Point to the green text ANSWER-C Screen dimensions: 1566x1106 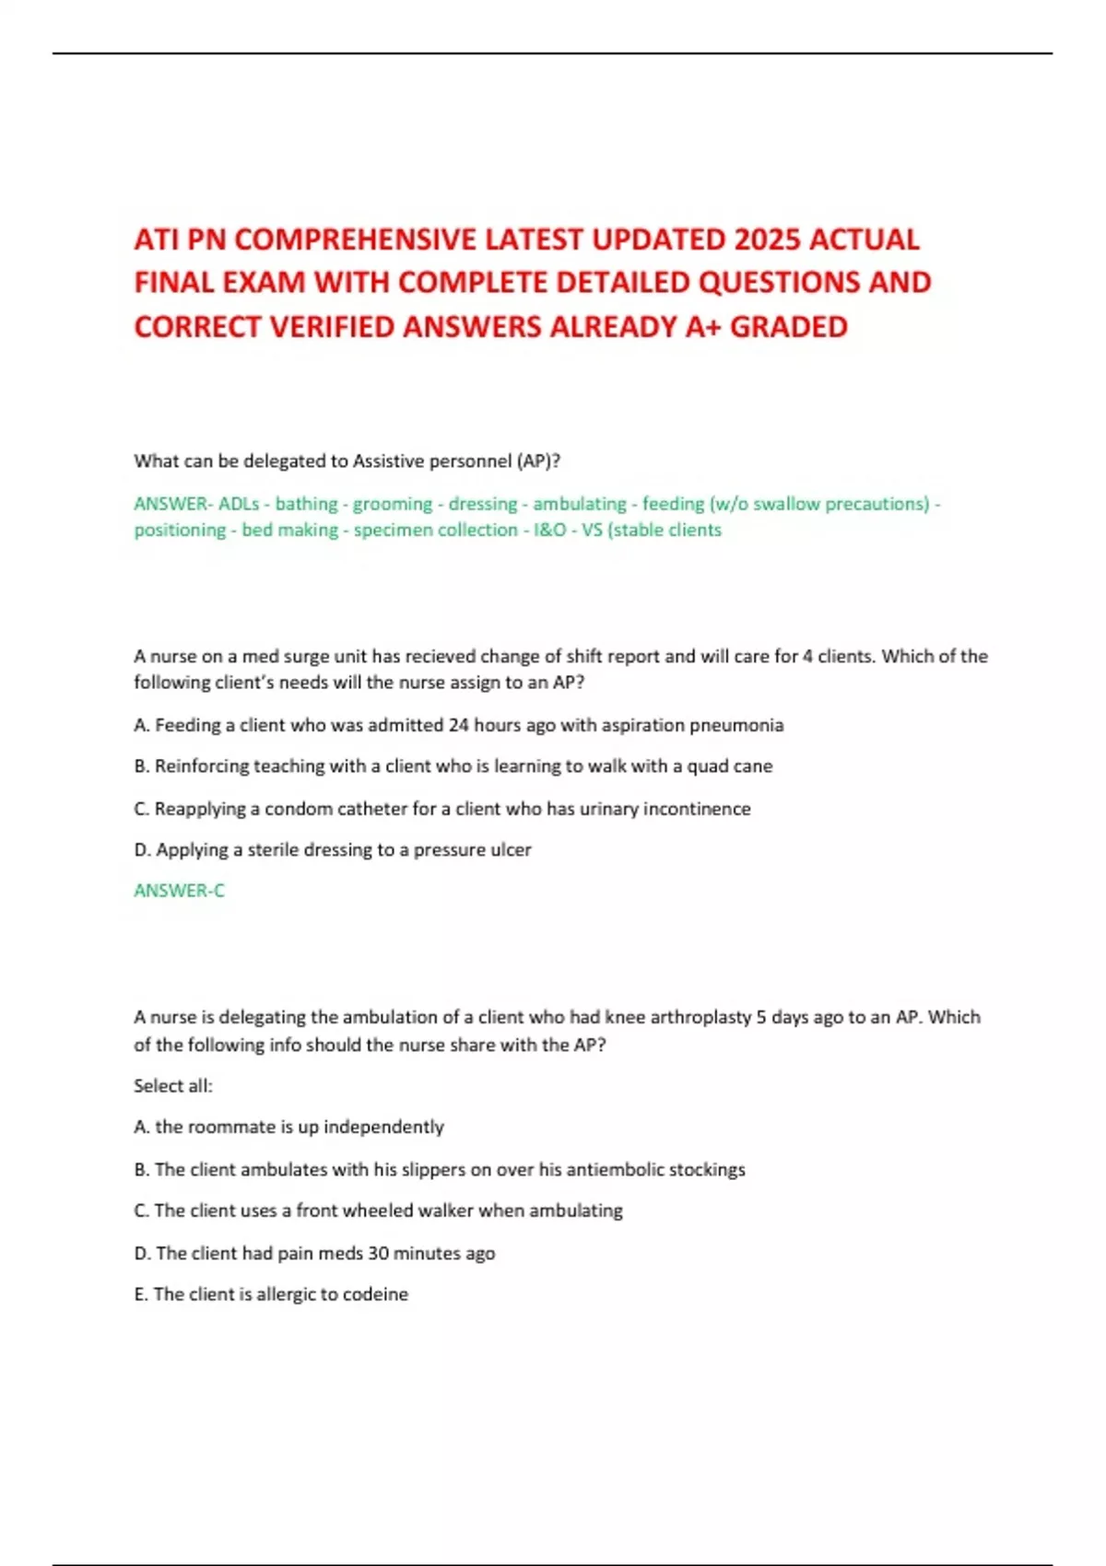(x=179, y=891)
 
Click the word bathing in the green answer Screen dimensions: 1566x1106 (x=306, y=504)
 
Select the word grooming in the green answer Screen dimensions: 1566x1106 (x=392, y=504)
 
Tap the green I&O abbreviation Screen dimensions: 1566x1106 (x=549, y=530)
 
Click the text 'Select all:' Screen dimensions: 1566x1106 (x=173, y=1086)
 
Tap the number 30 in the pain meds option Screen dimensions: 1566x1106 (x=378, y=1253)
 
